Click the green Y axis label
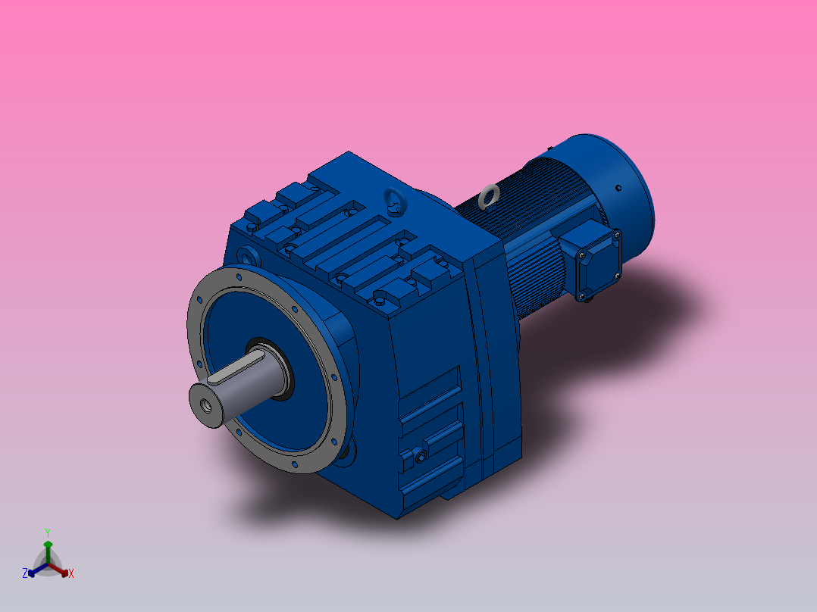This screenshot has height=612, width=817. [47, 532]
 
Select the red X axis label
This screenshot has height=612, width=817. [71, 574]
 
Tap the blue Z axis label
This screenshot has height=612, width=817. [25, 573]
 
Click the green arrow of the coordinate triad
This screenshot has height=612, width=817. [48, 548]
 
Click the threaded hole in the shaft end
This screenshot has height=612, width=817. [205, 404]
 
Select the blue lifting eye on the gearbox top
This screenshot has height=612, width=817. [394, 201]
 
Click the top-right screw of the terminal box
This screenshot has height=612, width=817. [618, 236]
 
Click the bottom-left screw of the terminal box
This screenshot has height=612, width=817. [583, 295]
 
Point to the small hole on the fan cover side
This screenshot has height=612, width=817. [618, 187]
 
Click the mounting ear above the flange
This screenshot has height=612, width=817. [247, 254]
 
